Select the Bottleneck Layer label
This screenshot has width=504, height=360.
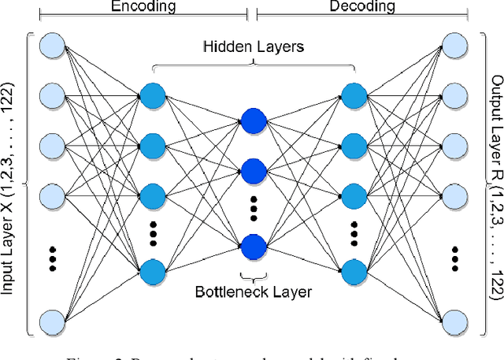(254, 292)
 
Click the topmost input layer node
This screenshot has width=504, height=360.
(52, 44)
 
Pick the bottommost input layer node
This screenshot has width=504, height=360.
(52, 321)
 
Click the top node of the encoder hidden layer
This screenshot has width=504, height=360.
(153, 96)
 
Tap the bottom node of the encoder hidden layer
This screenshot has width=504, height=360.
(153, 272)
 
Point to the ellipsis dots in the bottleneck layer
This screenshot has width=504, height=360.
(253, 207)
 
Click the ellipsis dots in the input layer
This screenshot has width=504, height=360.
(52, 258)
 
